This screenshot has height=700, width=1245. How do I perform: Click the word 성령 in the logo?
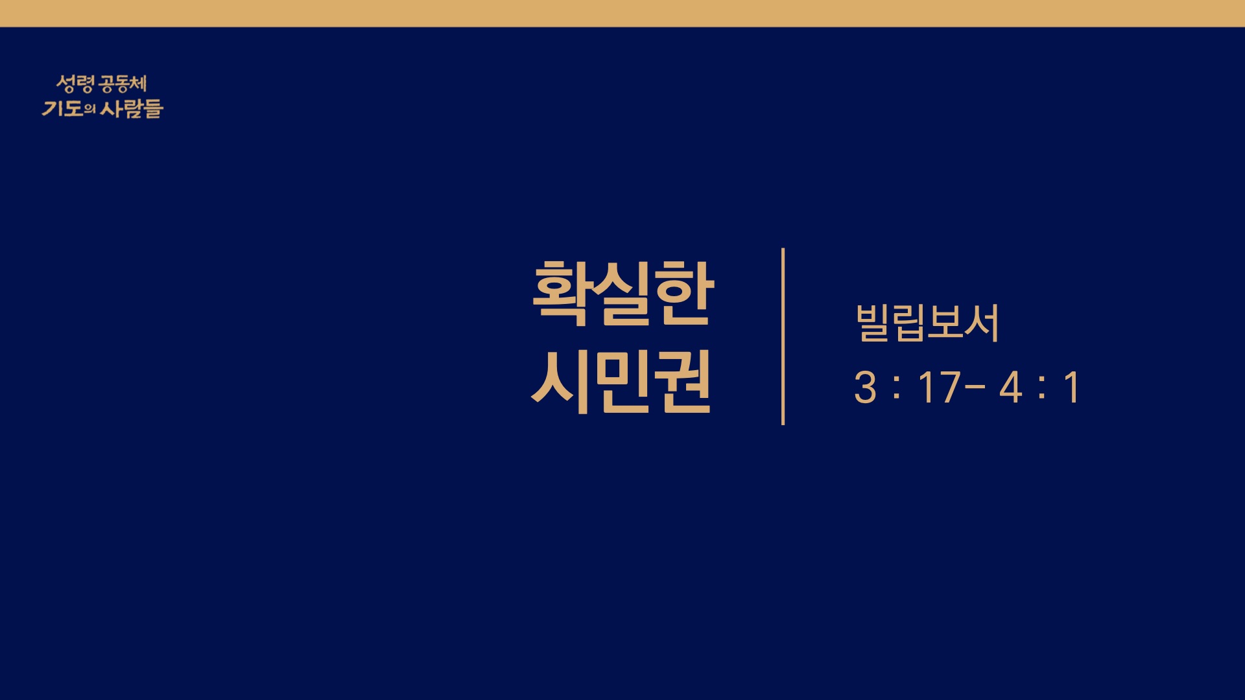coord(75,84)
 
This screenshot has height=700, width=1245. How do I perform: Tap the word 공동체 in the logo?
coord(123,84)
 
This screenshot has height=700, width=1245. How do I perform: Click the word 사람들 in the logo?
coord(131,108)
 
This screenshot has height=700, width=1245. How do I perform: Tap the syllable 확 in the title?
coord(561,293)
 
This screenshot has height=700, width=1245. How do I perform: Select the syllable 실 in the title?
coord(624,293)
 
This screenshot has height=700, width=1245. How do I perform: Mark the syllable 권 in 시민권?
coord(683,382)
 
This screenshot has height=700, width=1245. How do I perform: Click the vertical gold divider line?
coord(783,336)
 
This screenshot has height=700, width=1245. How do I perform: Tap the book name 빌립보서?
coord(927,322)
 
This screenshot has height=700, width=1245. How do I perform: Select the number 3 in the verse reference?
coord(866,388)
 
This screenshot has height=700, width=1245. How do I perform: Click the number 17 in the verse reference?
coord(939,388)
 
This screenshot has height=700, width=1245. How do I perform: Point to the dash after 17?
coord(975,388)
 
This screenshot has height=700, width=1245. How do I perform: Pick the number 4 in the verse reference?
coord(1011,388)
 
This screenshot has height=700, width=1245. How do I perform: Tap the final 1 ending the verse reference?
coord(1071,388)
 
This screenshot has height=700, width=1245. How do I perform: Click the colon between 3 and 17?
coord(897,388)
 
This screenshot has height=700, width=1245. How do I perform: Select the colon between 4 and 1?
coord(1041,388)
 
